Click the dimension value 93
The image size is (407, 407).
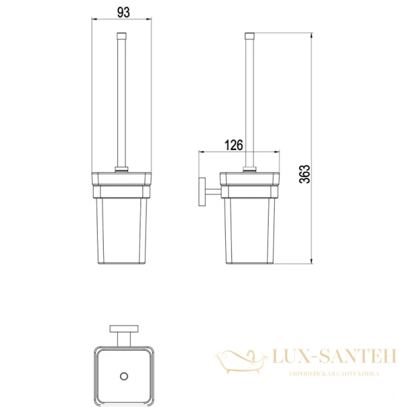click(123, 12)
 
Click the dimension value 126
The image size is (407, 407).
click(233, 145)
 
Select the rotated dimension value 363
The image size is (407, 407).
click(305, 174)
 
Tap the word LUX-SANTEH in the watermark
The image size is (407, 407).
click(334, 356)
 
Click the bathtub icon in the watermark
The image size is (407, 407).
click(241, 361)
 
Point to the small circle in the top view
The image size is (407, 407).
click(124, 376)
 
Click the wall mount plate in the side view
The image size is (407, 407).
click(202, 192)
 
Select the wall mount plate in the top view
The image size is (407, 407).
click(124, 328)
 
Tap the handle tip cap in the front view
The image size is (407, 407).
click(121, 35)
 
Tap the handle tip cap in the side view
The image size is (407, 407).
click(250, 36)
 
